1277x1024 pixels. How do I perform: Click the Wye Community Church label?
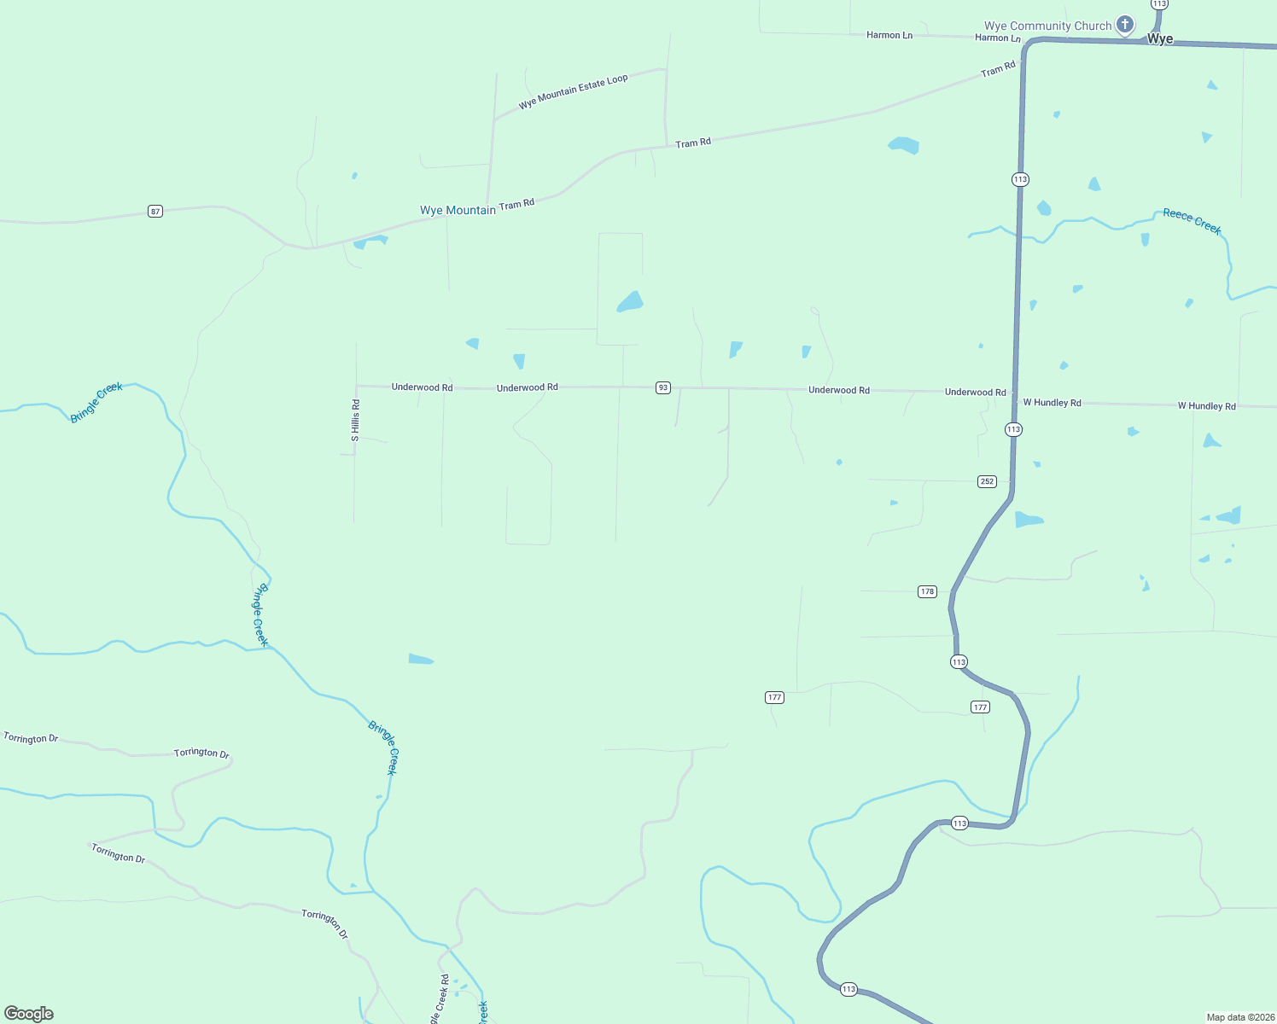pos(1047,26)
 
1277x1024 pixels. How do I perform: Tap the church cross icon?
pos(1125,25)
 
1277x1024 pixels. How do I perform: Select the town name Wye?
pos(1159,39)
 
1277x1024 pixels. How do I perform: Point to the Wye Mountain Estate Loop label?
pos(573,91)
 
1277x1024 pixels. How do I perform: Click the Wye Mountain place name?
pos(458,210)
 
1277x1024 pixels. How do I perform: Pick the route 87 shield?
pos(155,211)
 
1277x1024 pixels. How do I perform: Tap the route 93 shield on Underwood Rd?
pos(663,387)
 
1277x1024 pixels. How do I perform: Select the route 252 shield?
pos(987,481)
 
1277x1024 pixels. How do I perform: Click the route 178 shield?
pos(927,591)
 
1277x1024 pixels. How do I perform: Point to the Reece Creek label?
pos(1192,221)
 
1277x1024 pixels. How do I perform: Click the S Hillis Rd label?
pos(356,420)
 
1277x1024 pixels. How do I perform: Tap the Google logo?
pos(29,1014)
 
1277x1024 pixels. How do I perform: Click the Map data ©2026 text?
pos(1240,1017)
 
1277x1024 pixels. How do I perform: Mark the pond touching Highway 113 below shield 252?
pos(1029,520)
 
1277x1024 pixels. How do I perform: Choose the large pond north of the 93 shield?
pos(630,302)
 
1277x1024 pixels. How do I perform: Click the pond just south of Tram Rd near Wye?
pos(903,145)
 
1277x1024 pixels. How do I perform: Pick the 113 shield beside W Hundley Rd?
pos(1013,429)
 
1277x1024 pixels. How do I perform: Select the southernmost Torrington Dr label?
pos(324,924)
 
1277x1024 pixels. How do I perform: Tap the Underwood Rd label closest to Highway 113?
pos(975,393)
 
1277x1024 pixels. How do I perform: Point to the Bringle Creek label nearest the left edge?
pos(96,402)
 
